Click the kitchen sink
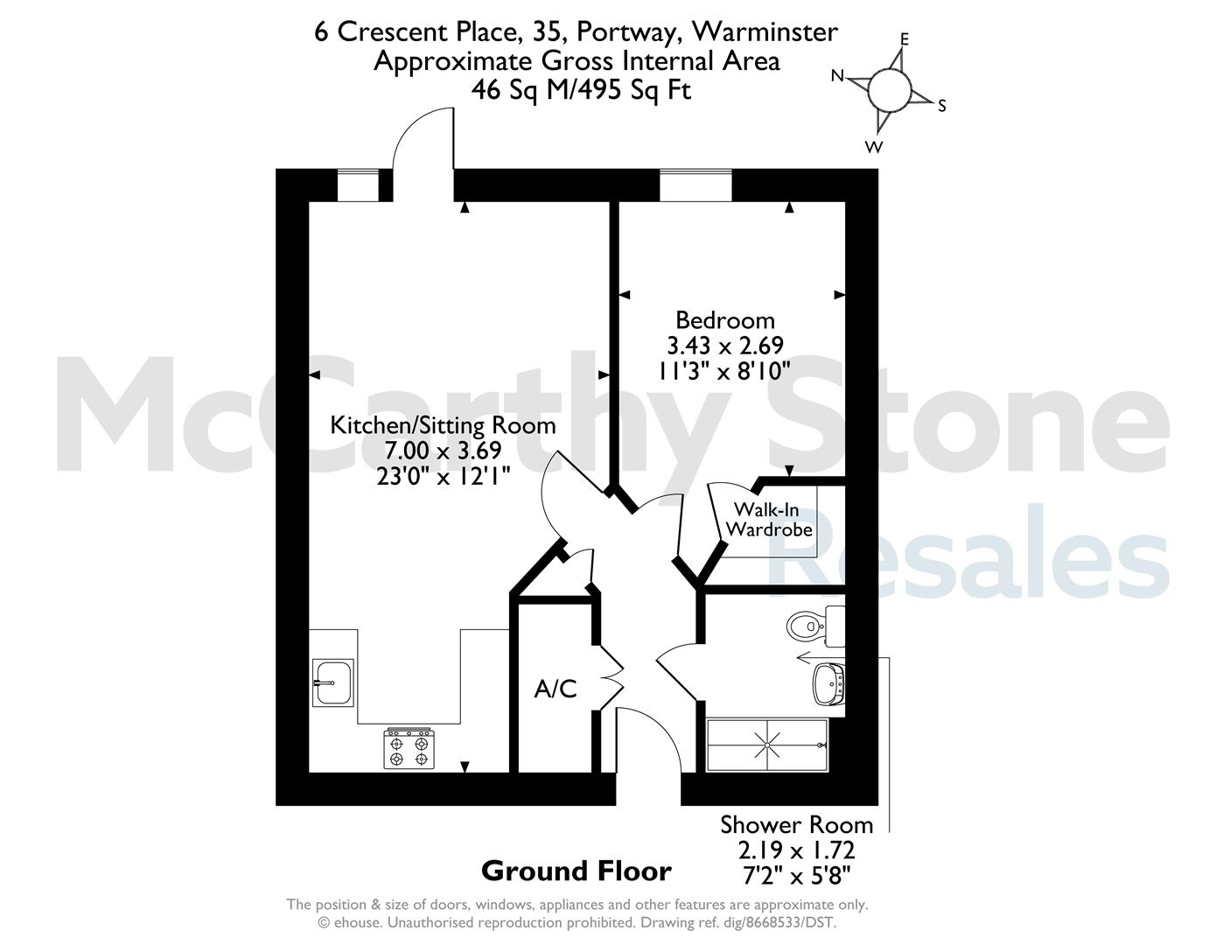pos(332,682)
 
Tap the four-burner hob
pos(409,748)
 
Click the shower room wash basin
pos(828,684)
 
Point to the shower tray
pos(767,745)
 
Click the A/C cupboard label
pos(556,689)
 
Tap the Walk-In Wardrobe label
pos(769,520)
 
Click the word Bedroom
pos(725,320)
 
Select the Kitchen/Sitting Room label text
pos(443,425)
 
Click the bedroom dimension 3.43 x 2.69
pos(725,345)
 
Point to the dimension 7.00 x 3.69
pos(443,451)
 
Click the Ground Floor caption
pos(577,871)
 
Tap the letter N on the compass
pos(838,75)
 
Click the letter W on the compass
pos(873,147)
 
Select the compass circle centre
pos(889,89)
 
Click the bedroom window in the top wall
pos(695,185)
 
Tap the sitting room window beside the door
pos(358,185)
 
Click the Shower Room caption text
pos(796,825)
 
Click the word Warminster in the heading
pos(765,31)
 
